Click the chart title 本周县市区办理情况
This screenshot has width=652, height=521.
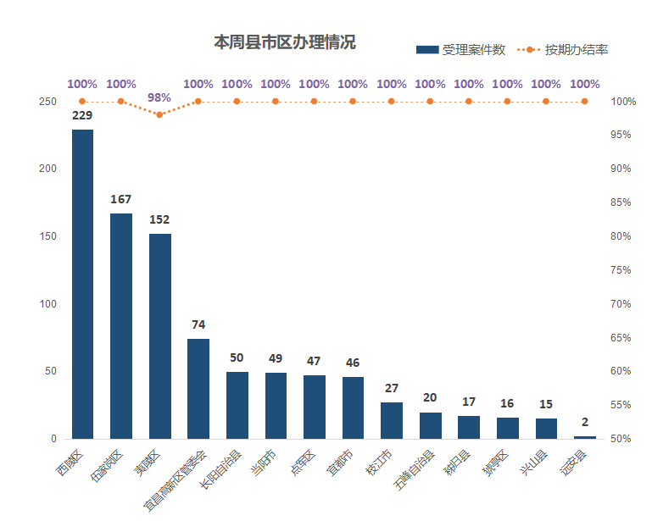[284, 42]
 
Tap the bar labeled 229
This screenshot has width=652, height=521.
[82, 284]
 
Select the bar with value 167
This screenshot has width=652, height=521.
[121, 326]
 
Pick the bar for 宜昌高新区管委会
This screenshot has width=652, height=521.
[198, 389]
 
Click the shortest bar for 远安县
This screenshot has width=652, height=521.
[585, 437]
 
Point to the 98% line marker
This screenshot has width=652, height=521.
[159, 114]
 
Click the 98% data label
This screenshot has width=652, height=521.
[159, 97]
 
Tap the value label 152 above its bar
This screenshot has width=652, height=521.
[159, 219]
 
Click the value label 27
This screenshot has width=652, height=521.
[392, 388]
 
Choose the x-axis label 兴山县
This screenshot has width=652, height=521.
[535, 462]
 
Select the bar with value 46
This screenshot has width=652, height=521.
[353, 407]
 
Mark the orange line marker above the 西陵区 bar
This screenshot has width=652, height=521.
[82, 102]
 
